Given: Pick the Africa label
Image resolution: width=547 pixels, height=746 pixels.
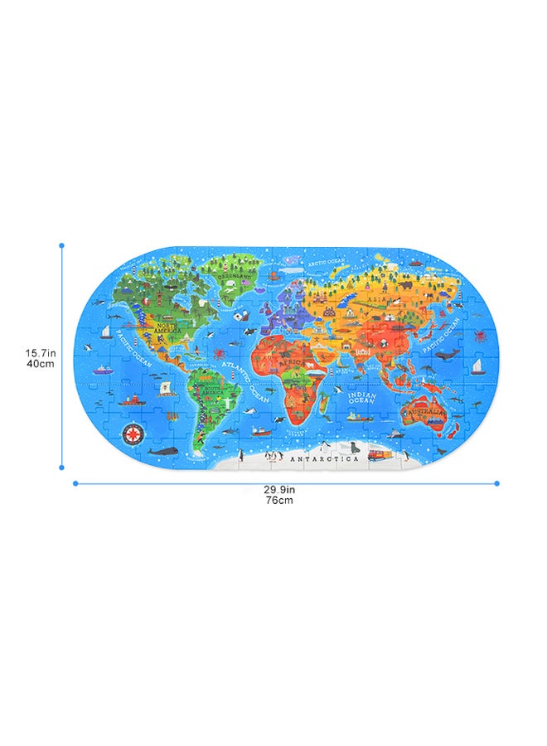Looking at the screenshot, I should (x=291, y=362).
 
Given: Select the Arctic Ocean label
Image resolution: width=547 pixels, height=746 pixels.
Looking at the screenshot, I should (x=326, y=262).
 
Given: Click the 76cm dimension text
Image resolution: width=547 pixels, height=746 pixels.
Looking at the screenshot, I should (x=278, y=501).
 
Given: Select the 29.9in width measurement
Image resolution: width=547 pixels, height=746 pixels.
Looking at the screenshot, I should (x=278, y=490).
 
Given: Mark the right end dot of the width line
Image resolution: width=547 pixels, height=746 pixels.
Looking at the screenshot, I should (x=497, y=482).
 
